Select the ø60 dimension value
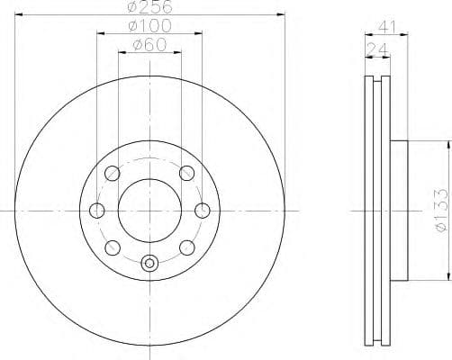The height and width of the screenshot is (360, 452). (x=149, y=46)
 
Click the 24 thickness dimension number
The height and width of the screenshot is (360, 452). (x=376, y=47)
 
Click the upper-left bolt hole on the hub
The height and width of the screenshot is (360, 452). (x=113, y=173)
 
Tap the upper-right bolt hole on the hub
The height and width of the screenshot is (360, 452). (x=186, y=173)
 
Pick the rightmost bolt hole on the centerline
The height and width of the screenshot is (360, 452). (x=203, y=211)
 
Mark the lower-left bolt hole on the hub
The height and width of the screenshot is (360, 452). (x=113, y=247)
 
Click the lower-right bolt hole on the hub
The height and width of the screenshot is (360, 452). (x=186, y=247)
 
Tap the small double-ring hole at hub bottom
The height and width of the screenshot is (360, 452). (x=149, y=264)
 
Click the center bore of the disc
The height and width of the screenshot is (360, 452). (x=149, y=210)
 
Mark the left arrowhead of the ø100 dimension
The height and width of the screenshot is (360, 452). (x=99, y=34)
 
